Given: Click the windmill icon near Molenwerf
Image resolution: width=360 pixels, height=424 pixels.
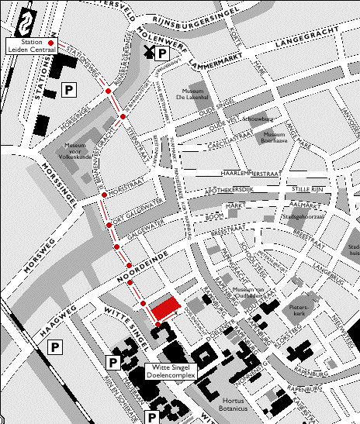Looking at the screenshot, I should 147,53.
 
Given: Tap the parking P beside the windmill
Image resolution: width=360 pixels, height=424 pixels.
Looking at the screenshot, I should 162,53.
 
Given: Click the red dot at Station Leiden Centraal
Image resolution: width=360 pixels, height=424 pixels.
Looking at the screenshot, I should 51,42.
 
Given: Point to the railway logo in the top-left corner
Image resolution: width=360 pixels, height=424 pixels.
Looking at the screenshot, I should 28,20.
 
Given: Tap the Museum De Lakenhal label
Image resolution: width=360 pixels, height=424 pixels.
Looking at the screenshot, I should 196,93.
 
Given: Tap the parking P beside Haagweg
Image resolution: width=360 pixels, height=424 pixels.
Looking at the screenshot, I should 56,349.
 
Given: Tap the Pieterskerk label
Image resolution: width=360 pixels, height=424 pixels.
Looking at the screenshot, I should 298,311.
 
